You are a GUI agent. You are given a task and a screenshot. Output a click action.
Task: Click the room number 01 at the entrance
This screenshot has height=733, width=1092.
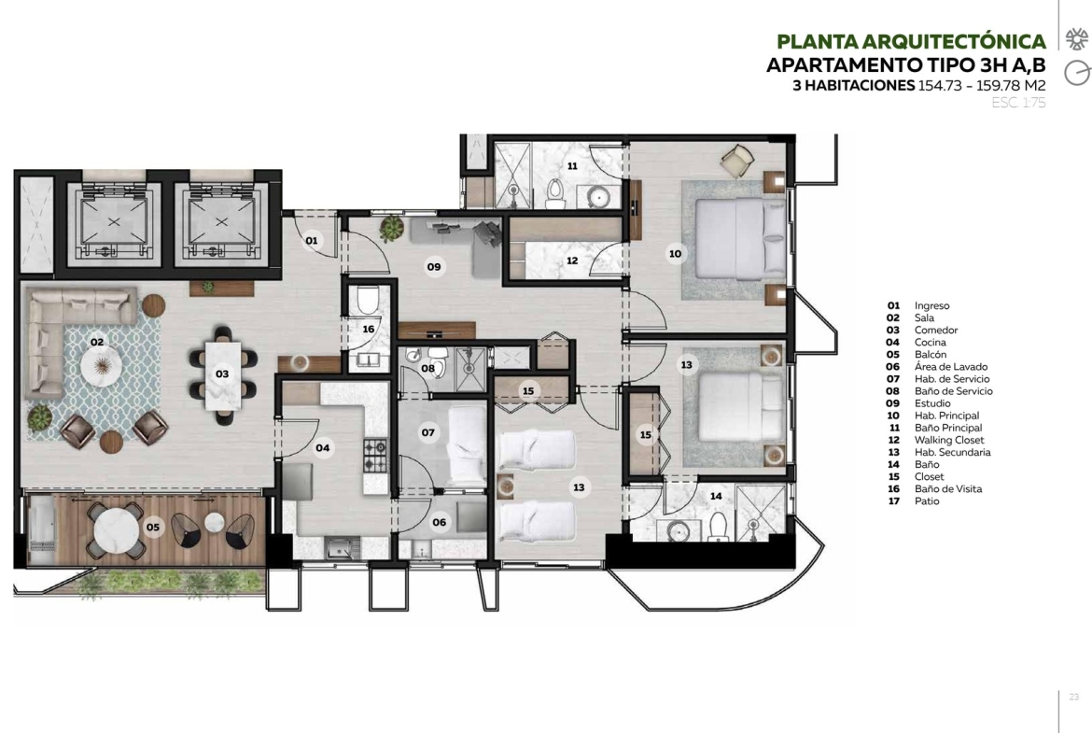(312, 241)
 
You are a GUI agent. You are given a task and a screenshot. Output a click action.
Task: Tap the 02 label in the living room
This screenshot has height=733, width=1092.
(97, 342)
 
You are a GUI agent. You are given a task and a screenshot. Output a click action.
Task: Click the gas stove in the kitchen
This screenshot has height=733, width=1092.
(375, 455)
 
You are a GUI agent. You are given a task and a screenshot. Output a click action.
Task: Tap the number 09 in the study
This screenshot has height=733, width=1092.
(434, 267)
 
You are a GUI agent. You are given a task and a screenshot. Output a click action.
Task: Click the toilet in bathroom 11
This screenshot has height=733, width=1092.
(555, 192)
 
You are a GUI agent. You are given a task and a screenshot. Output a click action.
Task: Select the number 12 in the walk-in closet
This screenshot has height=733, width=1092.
(572, 261)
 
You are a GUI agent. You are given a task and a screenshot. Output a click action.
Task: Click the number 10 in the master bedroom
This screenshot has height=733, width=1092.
(675, 254)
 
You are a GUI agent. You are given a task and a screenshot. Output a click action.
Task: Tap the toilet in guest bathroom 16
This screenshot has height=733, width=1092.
(367, 300)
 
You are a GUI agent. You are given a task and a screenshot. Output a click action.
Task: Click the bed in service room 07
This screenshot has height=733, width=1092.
(467, 445)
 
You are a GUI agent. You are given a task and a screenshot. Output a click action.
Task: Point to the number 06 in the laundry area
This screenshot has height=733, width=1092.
(439, 522)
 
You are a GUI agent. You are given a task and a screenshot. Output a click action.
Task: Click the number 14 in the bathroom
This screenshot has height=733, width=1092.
(716, 496)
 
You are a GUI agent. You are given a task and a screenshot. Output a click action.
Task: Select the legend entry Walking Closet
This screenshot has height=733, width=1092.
(949, 440)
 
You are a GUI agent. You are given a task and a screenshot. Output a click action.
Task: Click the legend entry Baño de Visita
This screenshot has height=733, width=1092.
(948, 488)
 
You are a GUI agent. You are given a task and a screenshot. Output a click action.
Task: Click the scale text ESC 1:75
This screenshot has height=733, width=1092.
(1018, 103)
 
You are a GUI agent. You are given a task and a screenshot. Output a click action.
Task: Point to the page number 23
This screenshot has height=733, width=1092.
(1074, 697)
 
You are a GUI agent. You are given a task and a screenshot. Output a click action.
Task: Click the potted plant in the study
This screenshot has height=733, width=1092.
(392, 229)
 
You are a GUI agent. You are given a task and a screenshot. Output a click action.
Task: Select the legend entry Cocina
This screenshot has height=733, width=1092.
(931, 342)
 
